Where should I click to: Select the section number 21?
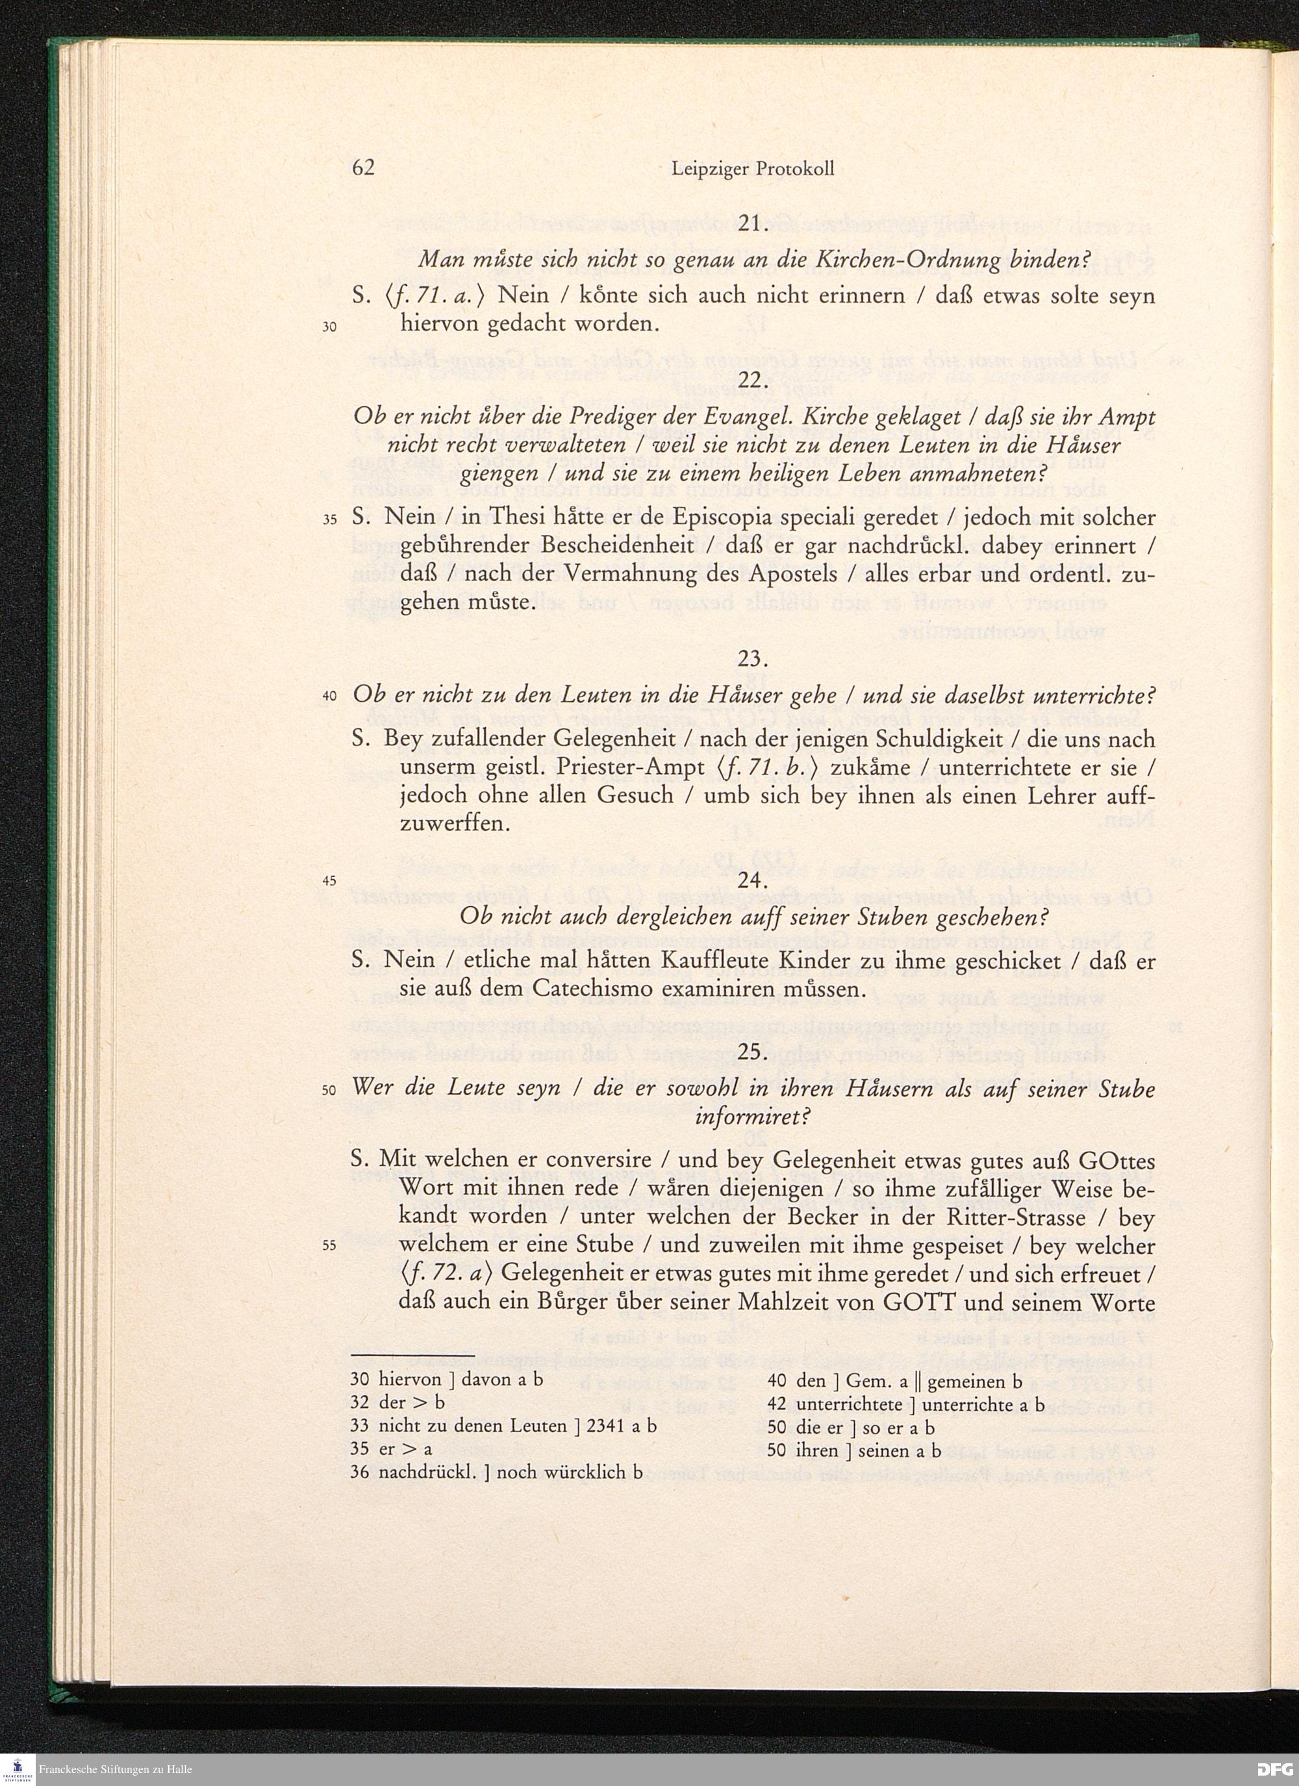pos(753,223)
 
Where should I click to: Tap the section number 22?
pos(753,380)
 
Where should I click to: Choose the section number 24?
pos(753,880)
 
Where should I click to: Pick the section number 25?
pos(753,1052)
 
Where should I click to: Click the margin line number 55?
pos(330,1246)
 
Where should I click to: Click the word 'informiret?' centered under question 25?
pos(752,1117)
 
